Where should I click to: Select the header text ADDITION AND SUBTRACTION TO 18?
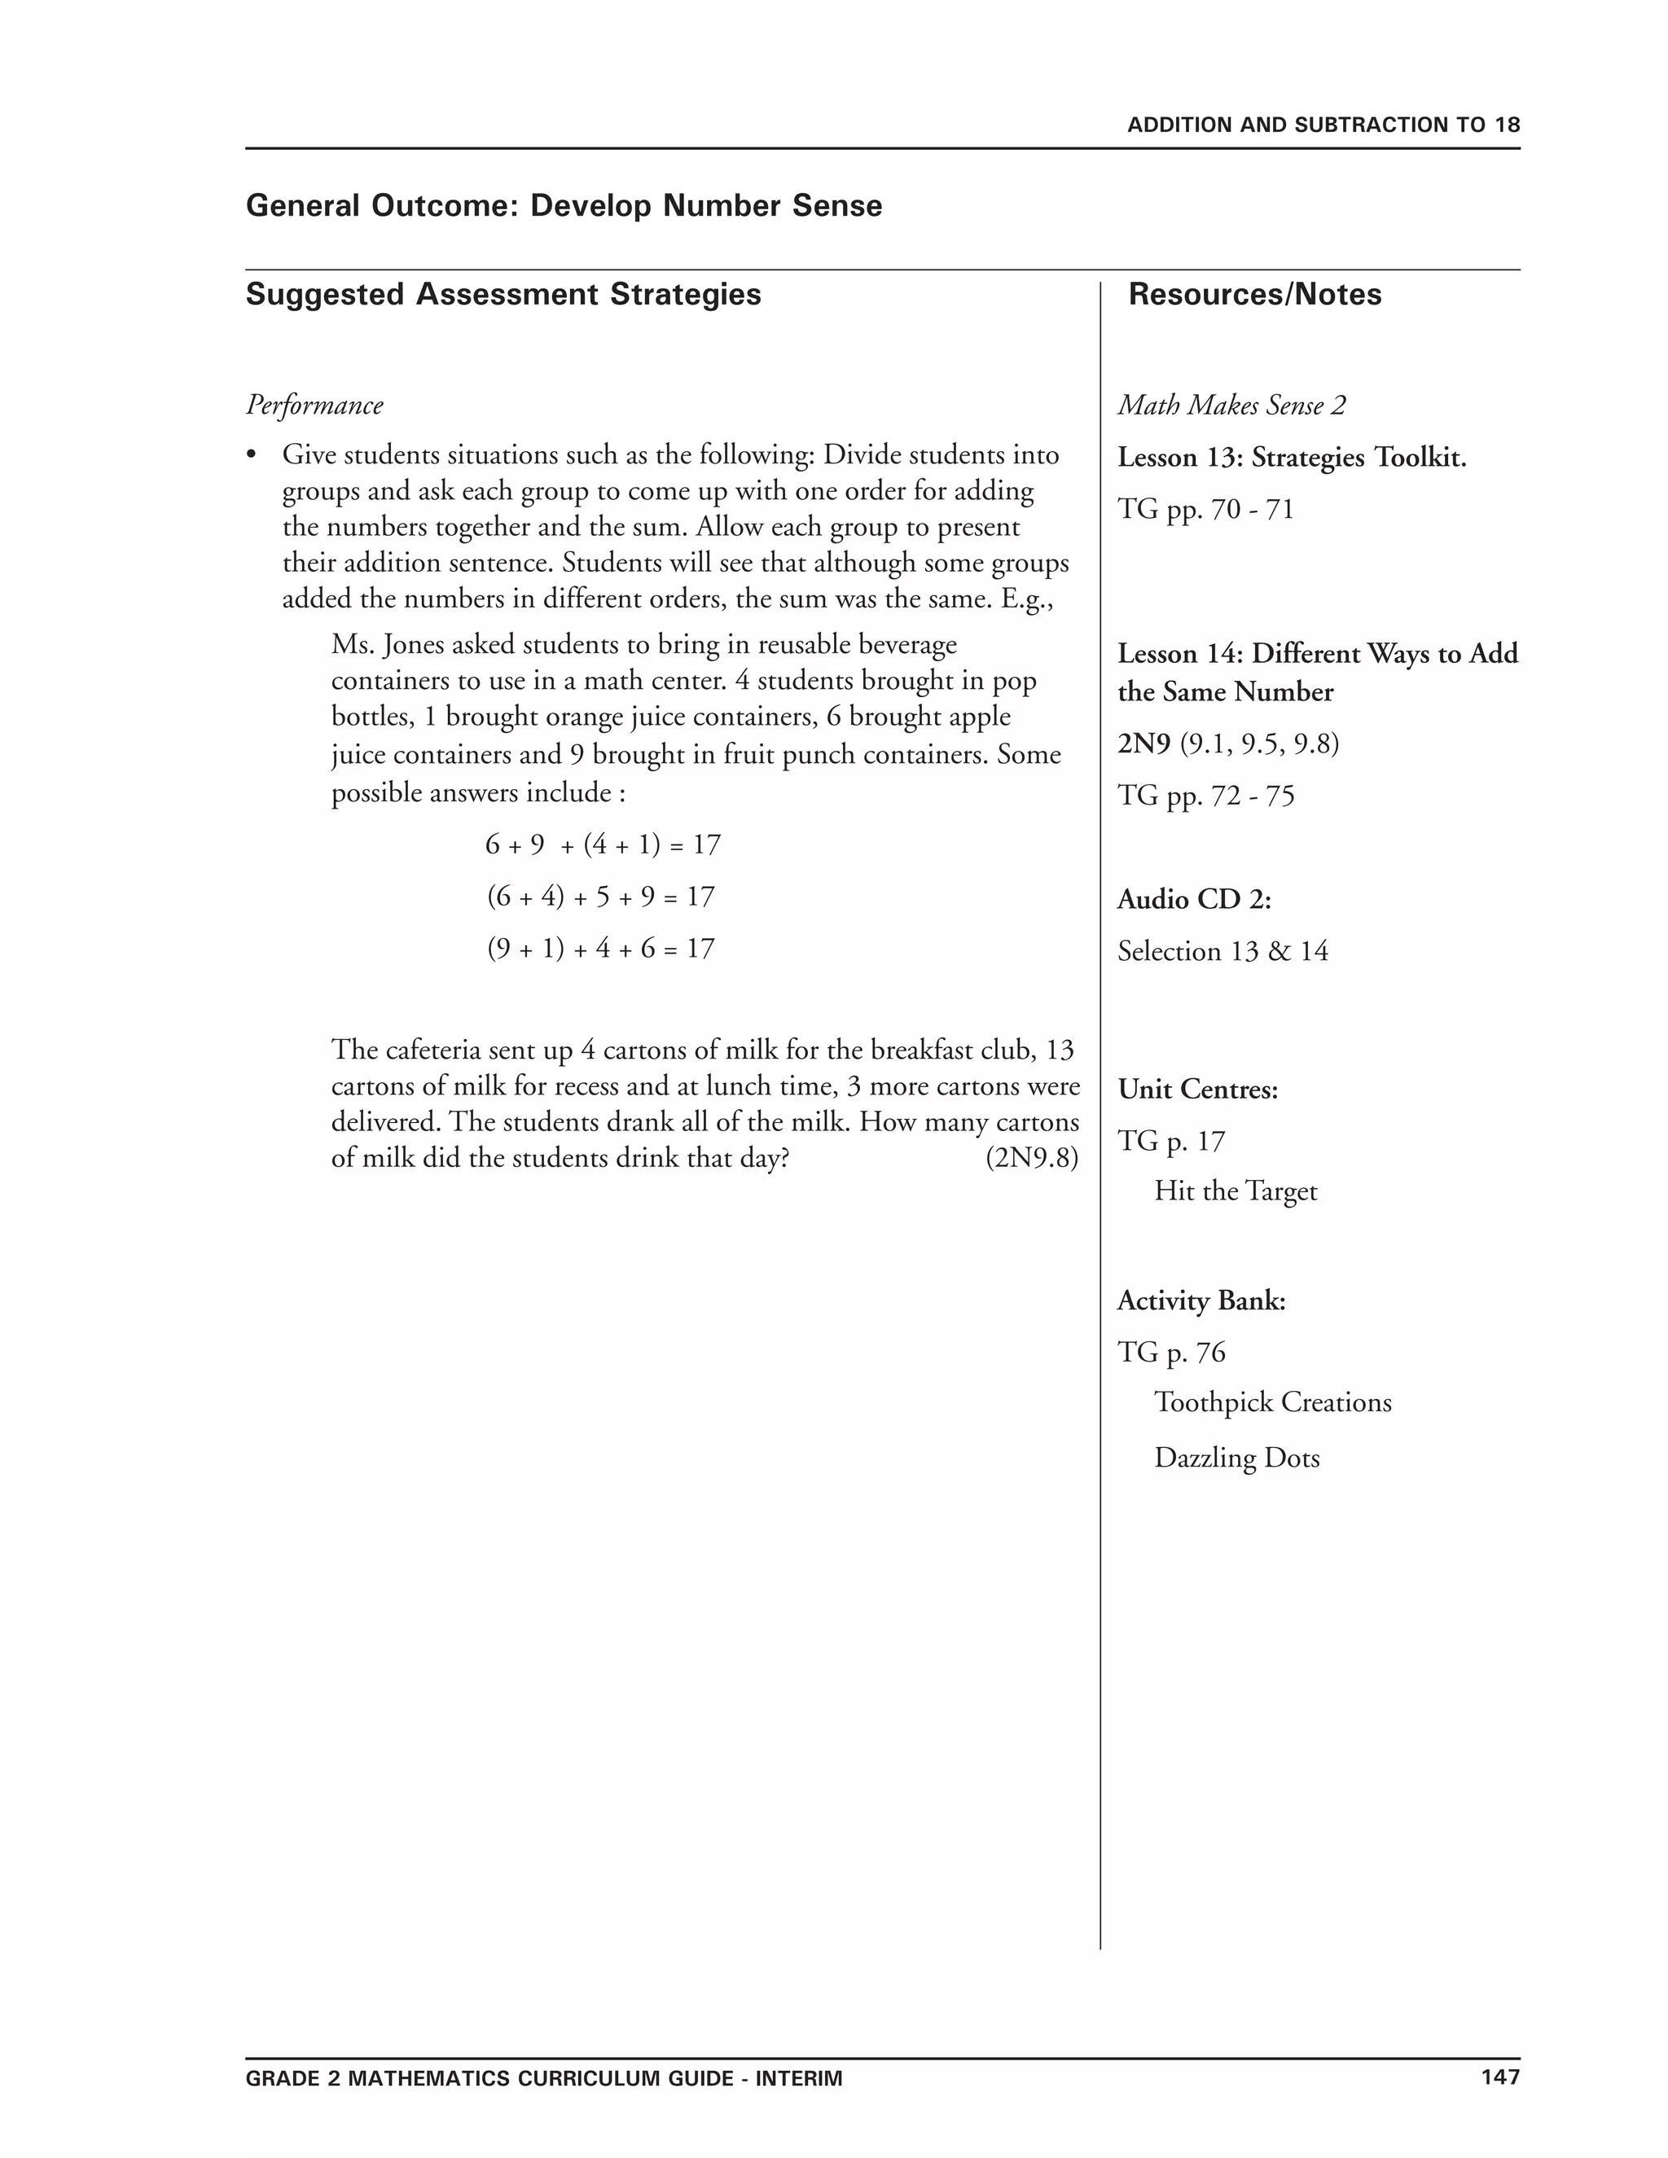pos(1323,125)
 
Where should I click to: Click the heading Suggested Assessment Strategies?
pos(503,295)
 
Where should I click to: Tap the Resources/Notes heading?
pos(1254,295)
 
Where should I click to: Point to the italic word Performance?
pos(314,405)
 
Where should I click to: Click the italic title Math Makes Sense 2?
pos(1231,405)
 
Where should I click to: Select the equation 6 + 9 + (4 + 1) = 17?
pos(603,844)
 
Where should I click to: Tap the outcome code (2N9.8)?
pos(1032,1158)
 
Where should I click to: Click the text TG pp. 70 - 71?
pos(1205,510)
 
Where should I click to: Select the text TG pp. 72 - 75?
pos(1205,796)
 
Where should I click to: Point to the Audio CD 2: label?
pos(1194,899)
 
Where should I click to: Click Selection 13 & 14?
pos(1222,951)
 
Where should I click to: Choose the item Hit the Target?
pos(1236,1191)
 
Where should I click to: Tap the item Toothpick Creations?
pos(1271,1402)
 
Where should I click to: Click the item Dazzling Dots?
pos(1236,1458)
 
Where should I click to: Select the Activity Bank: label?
pos(1201,1301)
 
